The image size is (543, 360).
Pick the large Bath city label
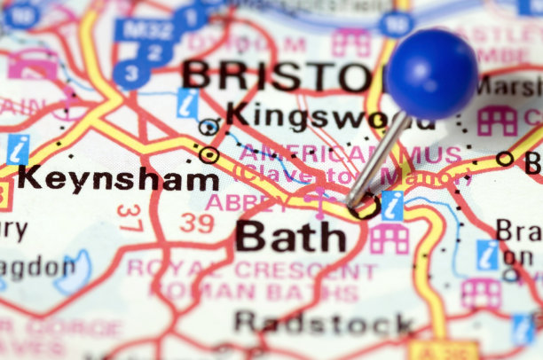(291, 236)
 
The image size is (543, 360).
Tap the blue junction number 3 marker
(131, 74)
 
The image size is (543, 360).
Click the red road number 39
(196, 222)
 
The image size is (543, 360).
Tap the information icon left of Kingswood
(187, 103)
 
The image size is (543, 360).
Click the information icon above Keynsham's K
(17, 150)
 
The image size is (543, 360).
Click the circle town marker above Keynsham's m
(209, 155)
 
